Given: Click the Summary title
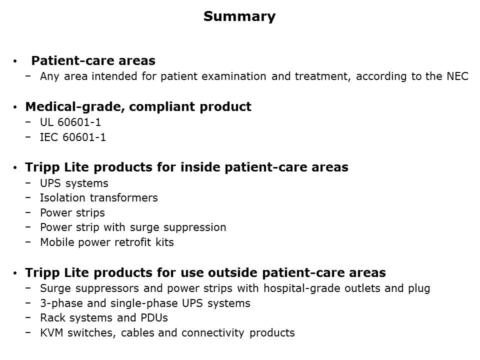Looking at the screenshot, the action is coord(239,16).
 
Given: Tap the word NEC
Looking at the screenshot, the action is coord(457,76).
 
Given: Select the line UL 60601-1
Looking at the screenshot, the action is coord(70,122).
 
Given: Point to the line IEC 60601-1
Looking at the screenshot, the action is coord(73,137).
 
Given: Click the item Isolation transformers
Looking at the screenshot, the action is coord(99,198).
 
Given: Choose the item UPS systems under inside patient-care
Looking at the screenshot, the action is coord(74,183).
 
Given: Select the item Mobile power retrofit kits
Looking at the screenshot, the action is coord(107,242).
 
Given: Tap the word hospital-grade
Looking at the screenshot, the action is coord(302,288).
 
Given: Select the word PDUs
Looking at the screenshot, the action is coord(154,318).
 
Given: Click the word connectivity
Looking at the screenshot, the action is coord(213,333).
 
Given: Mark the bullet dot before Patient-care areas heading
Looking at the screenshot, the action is coord(14,61).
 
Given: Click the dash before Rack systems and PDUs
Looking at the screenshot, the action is coord(28,317).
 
